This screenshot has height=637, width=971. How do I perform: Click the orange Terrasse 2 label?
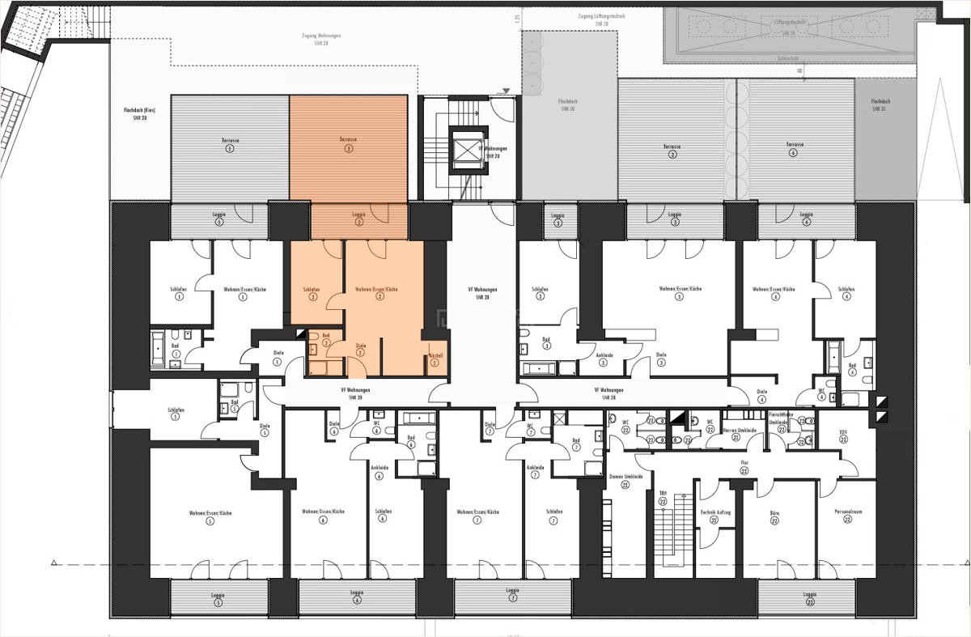[x=348, y=140]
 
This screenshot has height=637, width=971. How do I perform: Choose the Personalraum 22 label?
[x=846, y=516]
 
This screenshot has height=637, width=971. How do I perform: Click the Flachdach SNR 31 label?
[x=879, y=104]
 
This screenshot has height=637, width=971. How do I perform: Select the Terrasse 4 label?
[x=793, y=149]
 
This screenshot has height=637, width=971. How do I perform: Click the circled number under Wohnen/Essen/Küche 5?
[x=210, y=522]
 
